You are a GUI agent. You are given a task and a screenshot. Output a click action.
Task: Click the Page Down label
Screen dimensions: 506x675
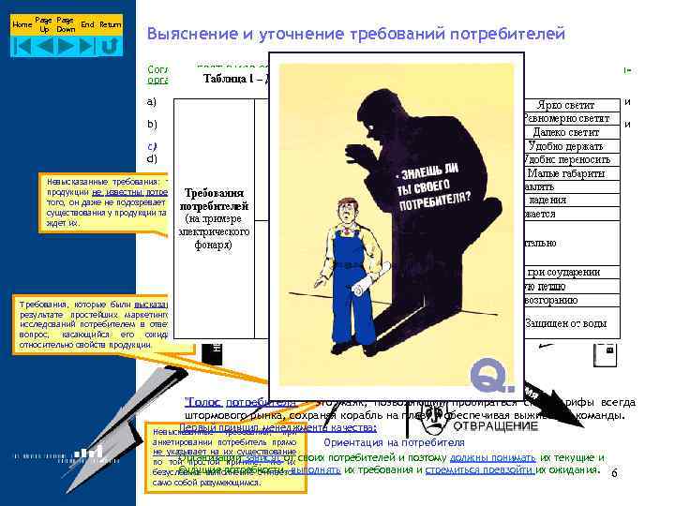pyautogui.click(x=66, y=24)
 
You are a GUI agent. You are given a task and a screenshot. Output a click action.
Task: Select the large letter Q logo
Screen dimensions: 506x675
pyautogui.click(x=492, y=374)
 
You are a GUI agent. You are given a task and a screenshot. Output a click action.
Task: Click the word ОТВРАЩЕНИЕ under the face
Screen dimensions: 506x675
pyautogui.click(x=496, y=425)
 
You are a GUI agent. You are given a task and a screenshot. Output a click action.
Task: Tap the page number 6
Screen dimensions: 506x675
pyautogui.click(x=614, y=474)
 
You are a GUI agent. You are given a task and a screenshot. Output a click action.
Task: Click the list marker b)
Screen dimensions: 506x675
pyautogui.click(x=151, y=124)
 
